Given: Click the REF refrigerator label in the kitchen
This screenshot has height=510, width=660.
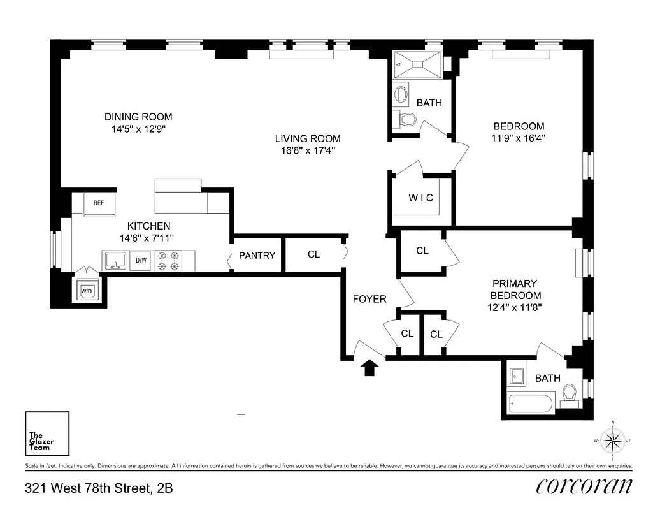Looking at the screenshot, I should (x=99, y=203).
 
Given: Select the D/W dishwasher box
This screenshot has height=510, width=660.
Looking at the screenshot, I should (x=141, y=260).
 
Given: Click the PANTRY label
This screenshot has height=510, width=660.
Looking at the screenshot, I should (x=257, y=256).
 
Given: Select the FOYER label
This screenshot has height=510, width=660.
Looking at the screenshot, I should (x=369, y=299).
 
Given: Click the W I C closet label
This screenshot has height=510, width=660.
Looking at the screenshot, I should (x=420, y=198).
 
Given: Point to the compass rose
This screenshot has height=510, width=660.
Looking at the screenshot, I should (x=613, y=441).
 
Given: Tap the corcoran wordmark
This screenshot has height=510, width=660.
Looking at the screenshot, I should (x=584, y=486).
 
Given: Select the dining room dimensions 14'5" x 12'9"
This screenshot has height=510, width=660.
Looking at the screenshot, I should (x=138, y=128).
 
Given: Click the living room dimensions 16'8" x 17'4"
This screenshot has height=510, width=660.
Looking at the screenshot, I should (x=308, y=150).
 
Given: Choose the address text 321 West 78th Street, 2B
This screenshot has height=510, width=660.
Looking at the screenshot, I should (x=99, y=489).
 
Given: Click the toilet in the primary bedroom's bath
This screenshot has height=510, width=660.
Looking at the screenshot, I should (x=570, y=395).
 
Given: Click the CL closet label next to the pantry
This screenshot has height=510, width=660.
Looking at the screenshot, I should (x=313, y=254).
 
